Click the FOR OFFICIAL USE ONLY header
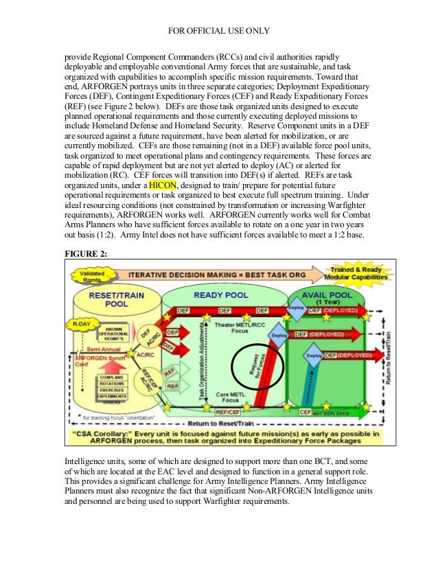pyautogui.click(x=219, y=30)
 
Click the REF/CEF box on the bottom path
pyautogui.click(x=227, y=413)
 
